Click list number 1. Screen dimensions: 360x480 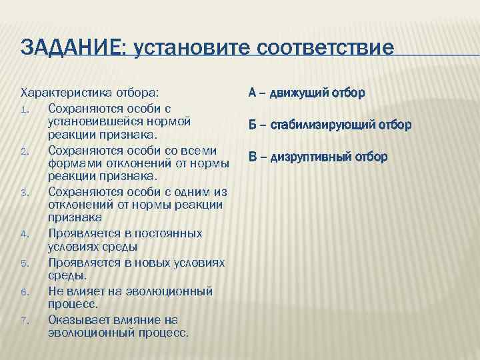[23, 108]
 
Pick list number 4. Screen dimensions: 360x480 [23, 234]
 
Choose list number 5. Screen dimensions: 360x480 [23, 262]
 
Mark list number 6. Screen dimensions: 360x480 [23, 291]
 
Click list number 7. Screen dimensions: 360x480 [23, 320]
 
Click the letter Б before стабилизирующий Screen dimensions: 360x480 [253, 125]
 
